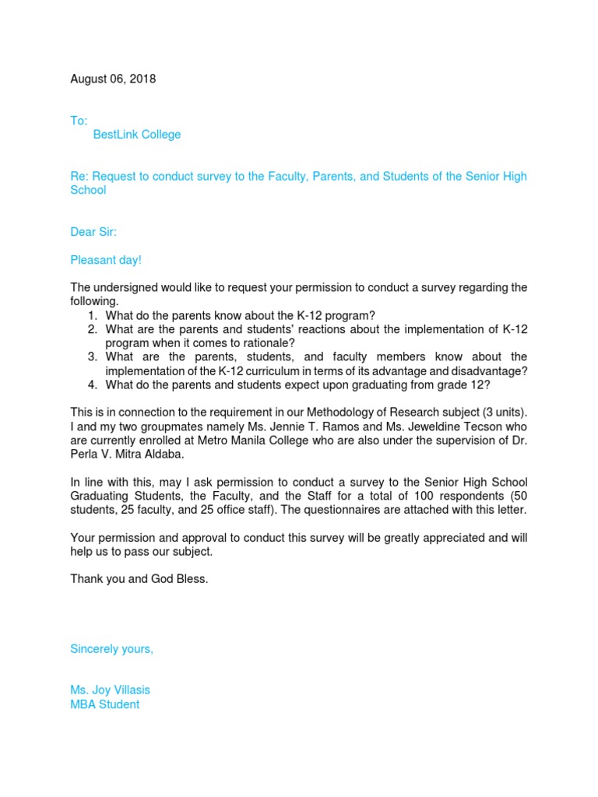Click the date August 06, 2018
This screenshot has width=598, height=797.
[113, 79]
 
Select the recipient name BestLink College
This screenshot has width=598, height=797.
[137, 135]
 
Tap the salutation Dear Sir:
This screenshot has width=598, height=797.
[93, 232]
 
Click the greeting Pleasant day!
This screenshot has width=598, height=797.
[106, 260]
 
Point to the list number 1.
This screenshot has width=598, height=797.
[92, 315]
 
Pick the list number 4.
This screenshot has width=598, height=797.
[92, 385]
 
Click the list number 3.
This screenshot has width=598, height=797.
[92, 357]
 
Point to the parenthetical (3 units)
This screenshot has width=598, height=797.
[500, 413]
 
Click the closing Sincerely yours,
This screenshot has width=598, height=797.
[112, 648]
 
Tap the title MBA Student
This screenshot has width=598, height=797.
[105, 704]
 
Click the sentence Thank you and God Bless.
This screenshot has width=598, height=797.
[139, 579]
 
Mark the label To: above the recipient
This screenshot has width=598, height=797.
[79, 121]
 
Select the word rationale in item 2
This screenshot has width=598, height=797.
[268, 343]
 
